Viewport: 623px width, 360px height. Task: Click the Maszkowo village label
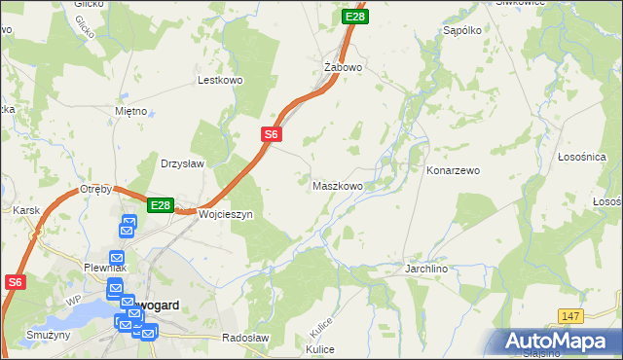(x=338, y=185)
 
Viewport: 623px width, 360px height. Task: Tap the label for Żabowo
(x=343, y=68)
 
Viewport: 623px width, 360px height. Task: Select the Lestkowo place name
(x=219, y=81)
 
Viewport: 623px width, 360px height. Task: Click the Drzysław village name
(x=182, y=163)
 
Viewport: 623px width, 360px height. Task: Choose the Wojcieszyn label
(x=226, y=214)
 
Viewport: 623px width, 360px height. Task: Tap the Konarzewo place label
(x=454, y=170)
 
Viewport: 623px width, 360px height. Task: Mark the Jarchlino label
(x=431, y=267)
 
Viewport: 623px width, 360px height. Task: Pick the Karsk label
(x=24, y=209)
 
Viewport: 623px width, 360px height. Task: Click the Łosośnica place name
(x=582, y=157)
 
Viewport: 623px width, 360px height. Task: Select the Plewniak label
(x=106, y=267)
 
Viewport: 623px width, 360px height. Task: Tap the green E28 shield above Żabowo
(x=355, y=17)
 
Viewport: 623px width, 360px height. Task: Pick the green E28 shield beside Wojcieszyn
(x=161, y=205)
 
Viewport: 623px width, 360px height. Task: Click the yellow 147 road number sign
(x=571, y=315)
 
